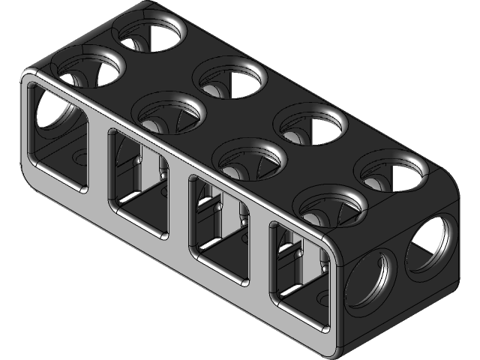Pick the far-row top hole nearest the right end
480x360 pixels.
pyautogui.click(x=394, y=172)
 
